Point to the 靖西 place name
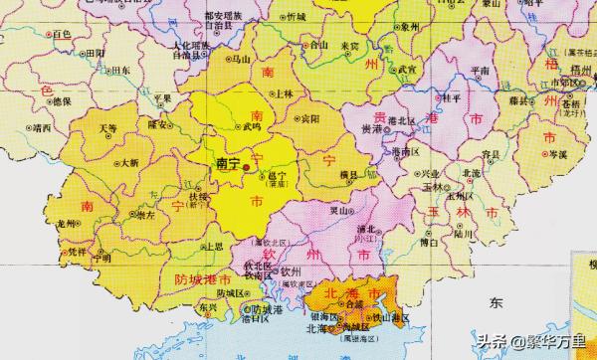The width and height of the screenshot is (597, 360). [x=41, y=128]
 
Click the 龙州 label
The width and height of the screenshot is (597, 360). [x=67, y=223]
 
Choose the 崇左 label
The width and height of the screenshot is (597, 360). [x=145, y=215]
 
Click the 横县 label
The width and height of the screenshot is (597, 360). [x=348, y=175]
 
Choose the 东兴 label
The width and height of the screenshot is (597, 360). [x=206, y=308]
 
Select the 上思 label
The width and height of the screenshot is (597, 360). [x=211, y=245]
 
